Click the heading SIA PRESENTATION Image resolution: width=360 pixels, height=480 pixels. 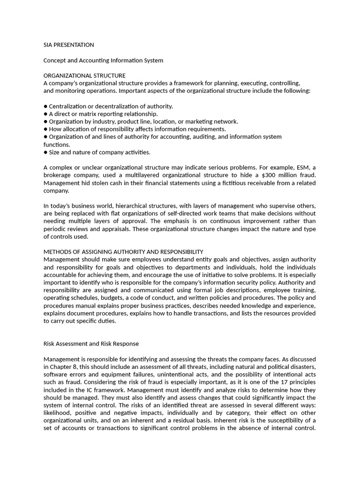68,45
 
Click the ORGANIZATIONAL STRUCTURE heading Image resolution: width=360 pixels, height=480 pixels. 84,75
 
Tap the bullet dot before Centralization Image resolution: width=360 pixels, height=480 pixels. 45,106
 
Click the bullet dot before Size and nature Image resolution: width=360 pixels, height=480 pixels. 45,152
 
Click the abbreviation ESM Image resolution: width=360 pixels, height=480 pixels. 297,168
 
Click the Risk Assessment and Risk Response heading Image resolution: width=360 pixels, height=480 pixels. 91,344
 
